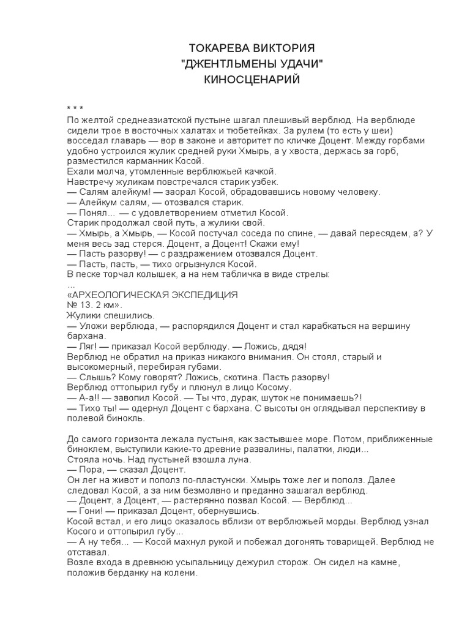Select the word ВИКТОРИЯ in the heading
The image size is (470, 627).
coord(287,48)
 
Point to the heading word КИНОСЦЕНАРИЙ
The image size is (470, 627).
coord(252,80)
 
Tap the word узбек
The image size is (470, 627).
coord(264,182)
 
